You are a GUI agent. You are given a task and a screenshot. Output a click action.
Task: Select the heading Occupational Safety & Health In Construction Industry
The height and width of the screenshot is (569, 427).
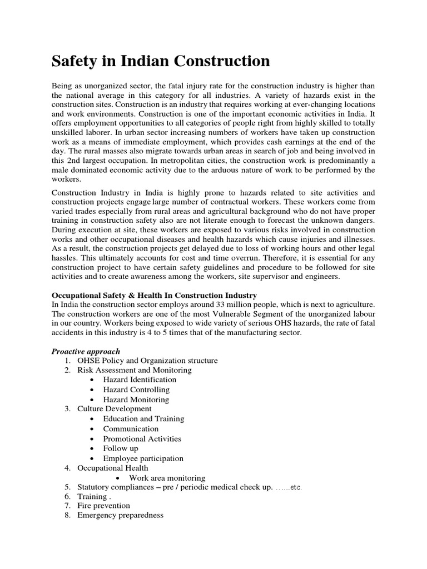[154, 295]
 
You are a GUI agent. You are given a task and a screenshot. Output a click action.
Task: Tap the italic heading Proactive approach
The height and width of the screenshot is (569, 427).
[86, 351]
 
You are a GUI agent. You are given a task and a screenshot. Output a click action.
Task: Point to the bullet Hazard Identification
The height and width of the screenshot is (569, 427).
[140, 380]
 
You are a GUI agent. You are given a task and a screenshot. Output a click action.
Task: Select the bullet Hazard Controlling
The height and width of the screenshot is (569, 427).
[136, 390]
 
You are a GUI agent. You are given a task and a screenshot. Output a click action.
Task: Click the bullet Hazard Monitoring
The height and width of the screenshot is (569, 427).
[136, 400]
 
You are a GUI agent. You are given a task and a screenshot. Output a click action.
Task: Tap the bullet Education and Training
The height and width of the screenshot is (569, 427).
[143, 419]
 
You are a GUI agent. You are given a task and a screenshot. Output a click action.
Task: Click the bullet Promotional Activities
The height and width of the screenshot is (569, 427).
[142, 438]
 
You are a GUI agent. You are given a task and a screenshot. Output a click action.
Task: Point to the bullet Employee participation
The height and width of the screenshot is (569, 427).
[143, 458]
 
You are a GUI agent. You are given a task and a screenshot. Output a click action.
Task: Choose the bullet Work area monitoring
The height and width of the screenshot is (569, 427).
[167, 478]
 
